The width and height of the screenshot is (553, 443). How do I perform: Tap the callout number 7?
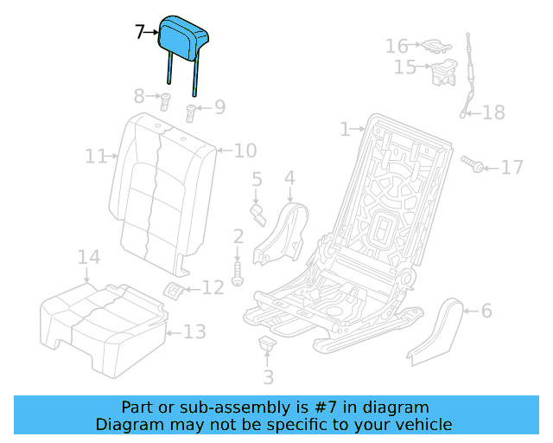pos(140,33)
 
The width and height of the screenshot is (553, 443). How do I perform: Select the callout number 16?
pos(397,45)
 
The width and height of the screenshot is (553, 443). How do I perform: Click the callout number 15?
pos(404,67)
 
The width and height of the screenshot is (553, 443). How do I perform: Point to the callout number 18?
pos(493,112)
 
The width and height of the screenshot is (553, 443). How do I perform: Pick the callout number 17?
pos(512,166)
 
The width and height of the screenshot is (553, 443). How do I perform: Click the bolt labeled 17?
pos(471,162)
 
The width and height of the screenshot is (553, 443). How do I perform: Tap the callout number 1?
pos(345,129)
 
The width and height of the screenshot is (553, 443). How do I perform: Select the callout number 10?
pos(245,151)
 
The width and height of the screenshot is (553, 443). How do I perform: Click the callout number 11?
pos(95,157)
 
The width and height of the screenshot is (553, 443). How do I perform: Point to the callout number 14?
pos(89,257)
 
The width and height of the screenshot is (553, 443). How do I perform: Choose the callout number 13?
pos(194,331)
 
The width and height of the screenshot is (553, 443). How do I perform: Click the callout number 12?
pos(213,287)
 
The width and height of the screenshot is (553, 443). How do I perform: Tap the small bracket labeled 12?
pos(173,290)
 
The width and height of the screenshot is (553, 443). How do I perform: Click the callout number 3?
pos(268,376)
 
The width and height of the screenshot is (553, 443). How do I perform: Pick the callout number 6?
pos(486,310)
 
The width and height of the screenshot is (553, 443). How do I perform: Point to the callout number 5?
pos(257,180)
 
